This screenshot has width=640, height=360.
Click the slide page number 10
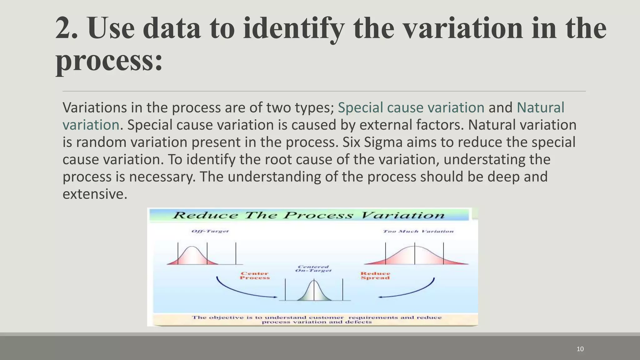(580, 349)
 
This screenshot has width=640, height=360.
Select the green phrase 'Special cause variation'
(411, 107)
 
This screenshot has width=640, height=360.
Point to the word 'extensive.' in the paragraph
(95, 194)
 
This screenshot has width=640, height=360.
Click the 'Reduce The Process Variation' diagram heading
(308, 215)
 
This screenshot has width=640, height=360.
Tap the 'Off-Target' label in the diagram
(210, 231)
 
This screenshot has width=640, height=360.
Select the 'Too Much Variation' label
(418, 231)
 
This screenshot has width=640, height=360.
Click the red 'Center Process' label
(255, 276)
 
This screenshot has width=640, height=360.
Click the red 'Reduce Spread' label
(375, 276)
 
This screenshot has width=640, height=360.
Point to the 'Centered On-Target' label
(313, 269)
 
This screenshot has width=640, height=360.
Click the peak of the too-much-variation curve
(415, 247)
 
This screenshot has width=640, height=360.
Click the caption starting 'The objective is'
(316, 319)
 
